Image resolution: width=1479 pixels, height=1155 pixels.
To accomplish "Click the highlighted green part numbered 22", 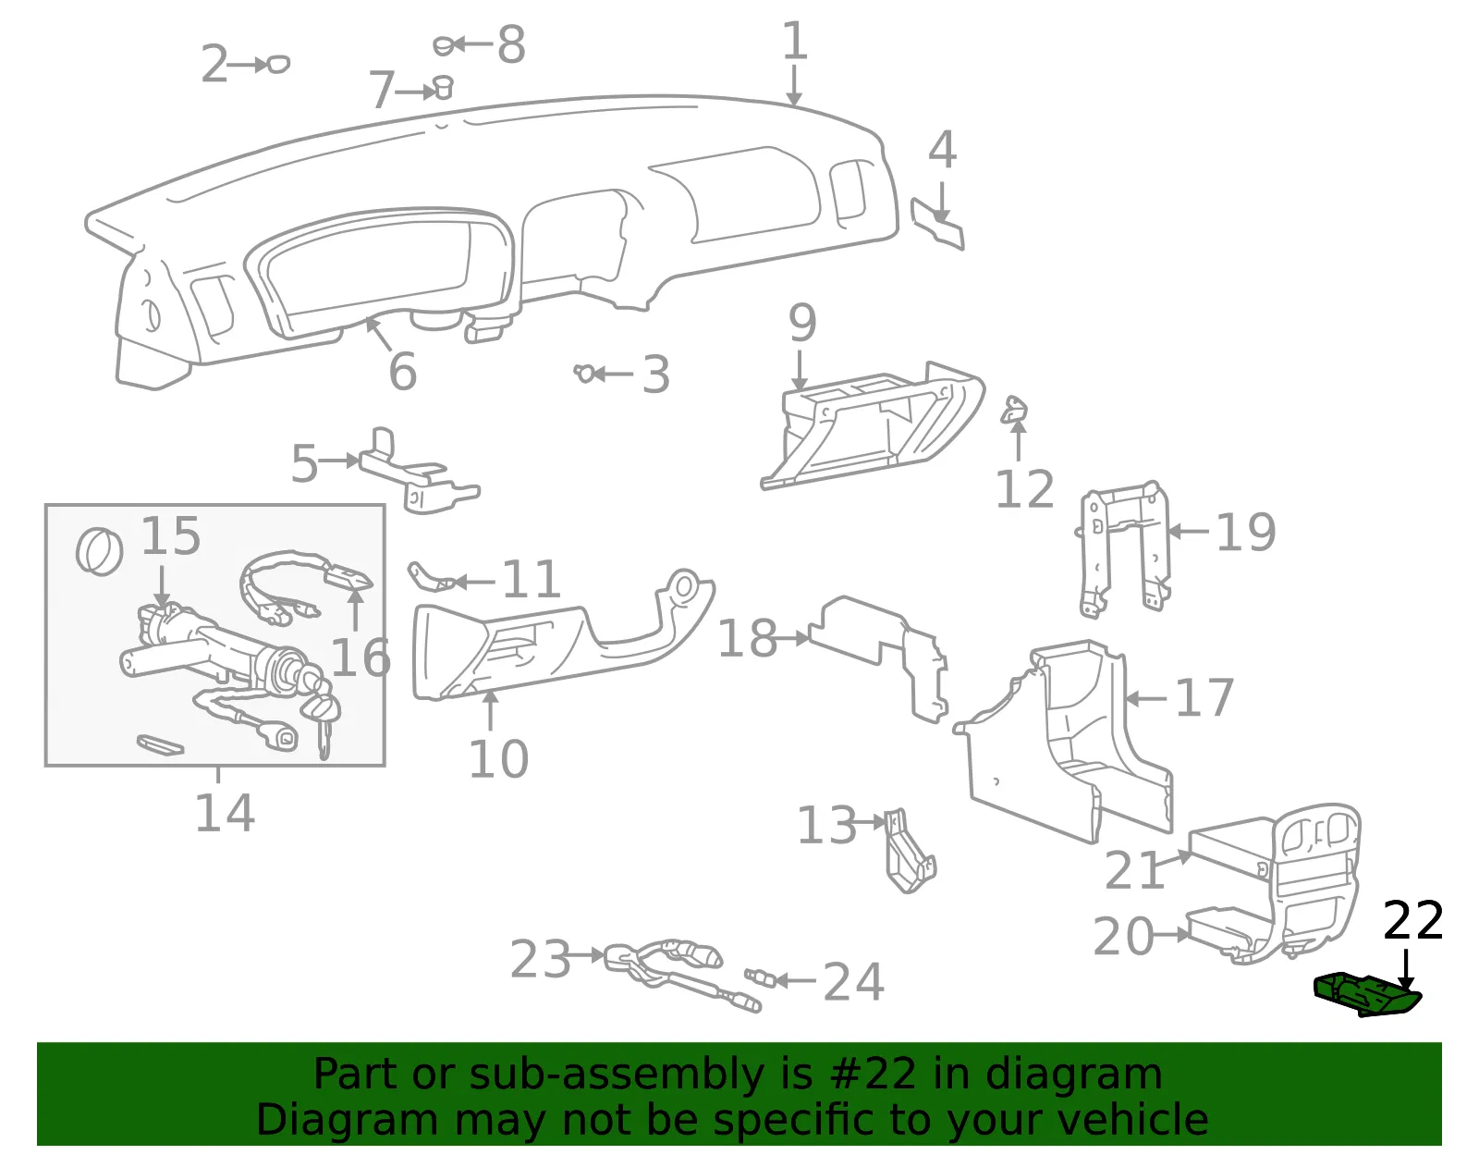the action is pos(1367,995).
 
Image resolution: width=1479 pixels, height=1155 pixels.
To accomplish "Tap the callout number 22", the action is pos(1413,921).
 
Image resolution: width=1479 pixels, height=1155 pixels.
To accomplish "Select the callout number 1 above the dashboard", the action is pos(794,41).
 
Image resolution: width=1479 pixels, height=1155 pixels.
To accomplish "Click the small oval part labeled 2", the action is pos(278,64).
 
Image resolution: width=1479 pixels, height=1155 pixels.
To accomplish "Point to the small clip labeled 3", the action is pos(584,373).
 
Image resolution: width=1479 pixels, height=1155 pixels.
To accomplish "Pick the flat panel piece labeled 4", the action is pos(937,224).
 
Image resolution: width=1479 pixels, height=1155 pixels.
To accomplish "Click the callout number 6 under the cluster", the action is pos(402,372).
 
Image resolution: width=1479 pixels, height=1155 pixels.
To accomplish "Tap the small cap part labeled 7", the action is pos(444,88).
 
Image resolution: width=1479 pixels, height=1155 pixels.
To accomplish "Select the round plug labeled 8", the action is pos(444,46).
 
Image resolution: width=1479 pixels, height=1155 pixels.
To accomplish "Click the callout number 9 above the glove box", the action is pos(802,324).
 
